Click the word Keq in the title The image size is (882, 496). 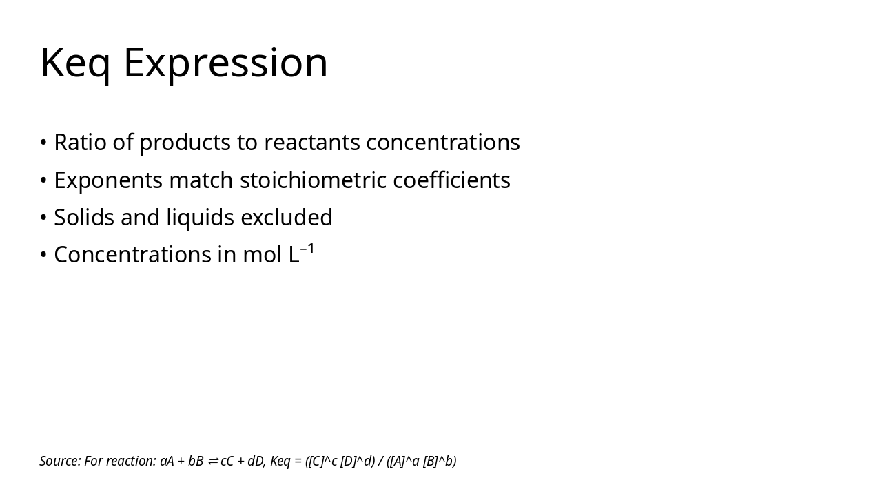pyautogui.click(x=75, y=63)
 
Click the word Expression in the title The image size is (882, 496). pyautogui.click(x=225, y=63)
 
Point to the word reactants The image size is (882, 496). pyautogui.click(x=311, y=143)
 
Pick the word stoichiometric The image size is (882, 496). pyautogui.click(x=313, y=180)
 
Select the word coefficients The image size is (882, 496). pyautogui.click(x=451, y=180)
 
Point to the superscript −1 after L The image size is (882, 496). pyautogui.click(x=307, y=249)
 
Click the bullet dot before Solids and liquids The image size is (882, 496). pyautogui.click(x=43, y=218)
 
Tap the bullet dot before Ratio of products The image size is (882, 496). pyautogui.click(x=43, y=143)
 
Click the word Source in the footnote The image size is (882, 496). pyautogui.click(x=60, y=462)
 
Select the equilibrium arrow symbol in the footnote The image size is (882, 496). pyautogui.click(x=213, y=462)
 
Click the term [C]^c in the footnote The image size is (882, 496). pyautogui.click(x=322, y=462)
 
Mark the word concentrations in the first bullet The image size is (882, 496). pyautogui.click(x=442, y=143)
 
